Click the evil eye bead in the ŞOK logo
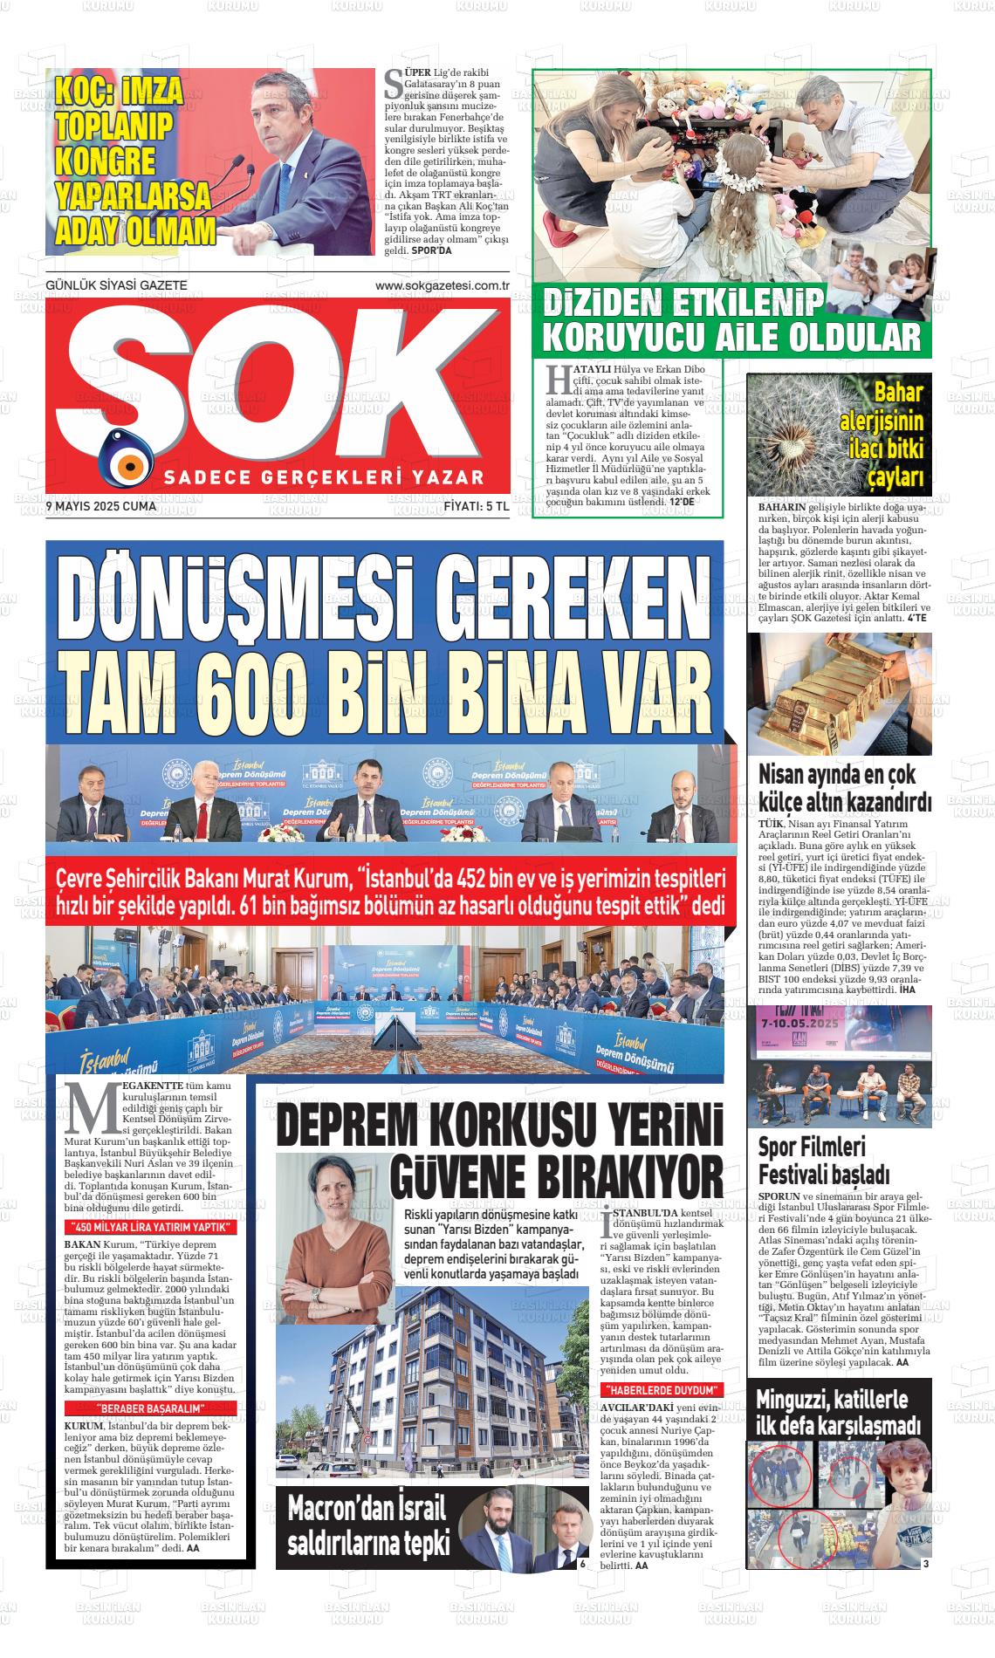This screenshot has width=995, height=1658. tap(127, 457)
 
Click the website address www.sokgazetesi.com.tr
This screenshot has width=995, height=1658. tap(442, 285)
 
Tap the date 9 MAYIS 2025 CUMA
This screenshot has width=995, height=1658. tap(100, 506)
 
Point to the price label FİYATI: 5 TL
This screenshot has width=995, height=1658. tap(476, 506)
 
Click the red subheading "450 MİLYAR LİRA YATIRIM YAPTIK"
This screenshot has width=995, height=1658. tap(151, 1228)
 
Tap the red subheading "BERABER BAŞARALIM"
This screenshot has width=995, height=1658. tap(151, 1408)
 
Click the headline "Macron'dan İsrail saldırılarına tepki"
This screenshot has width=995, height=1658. tap(367, 1529)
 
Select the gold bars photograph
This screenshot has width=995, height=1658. tap(839, 694)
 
